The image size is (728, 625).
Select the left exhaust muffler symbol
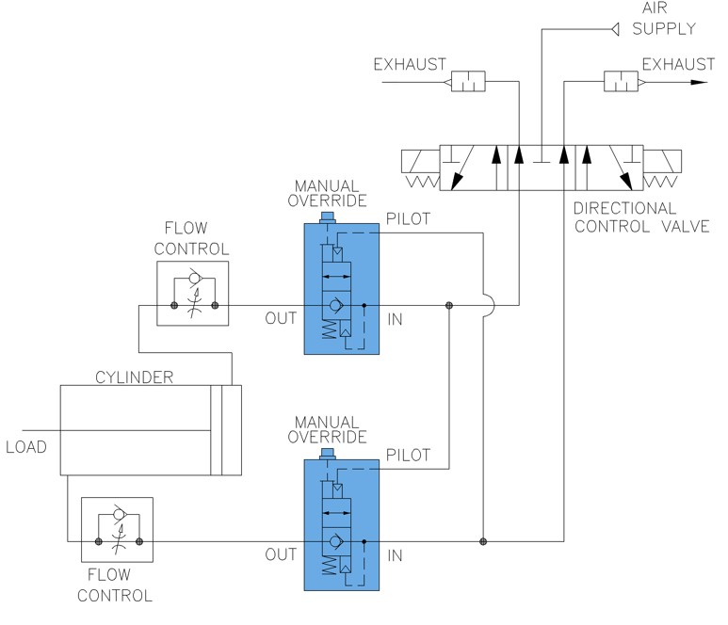click(467, 83)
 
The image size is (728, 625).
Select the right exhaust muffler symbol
click(619, 83)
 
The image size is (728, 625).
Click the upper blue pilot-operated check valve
click(341, 287)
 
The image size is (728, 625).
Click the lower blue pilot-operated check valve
click(341, 523)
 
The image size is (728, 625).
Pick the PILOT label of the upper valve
click(408, 218)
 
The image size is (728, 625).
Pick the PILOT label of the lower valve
click(408, 455)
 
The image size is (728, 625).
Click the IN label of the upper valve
click(395, 321)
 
